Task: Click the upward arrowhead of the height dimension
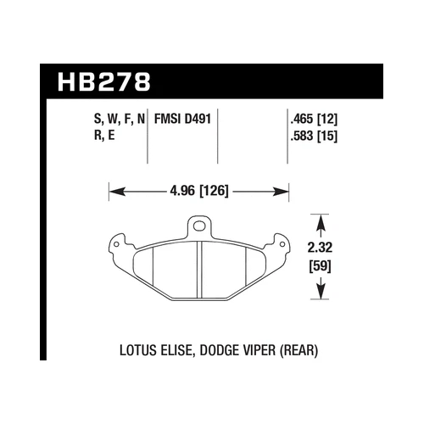320,223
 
